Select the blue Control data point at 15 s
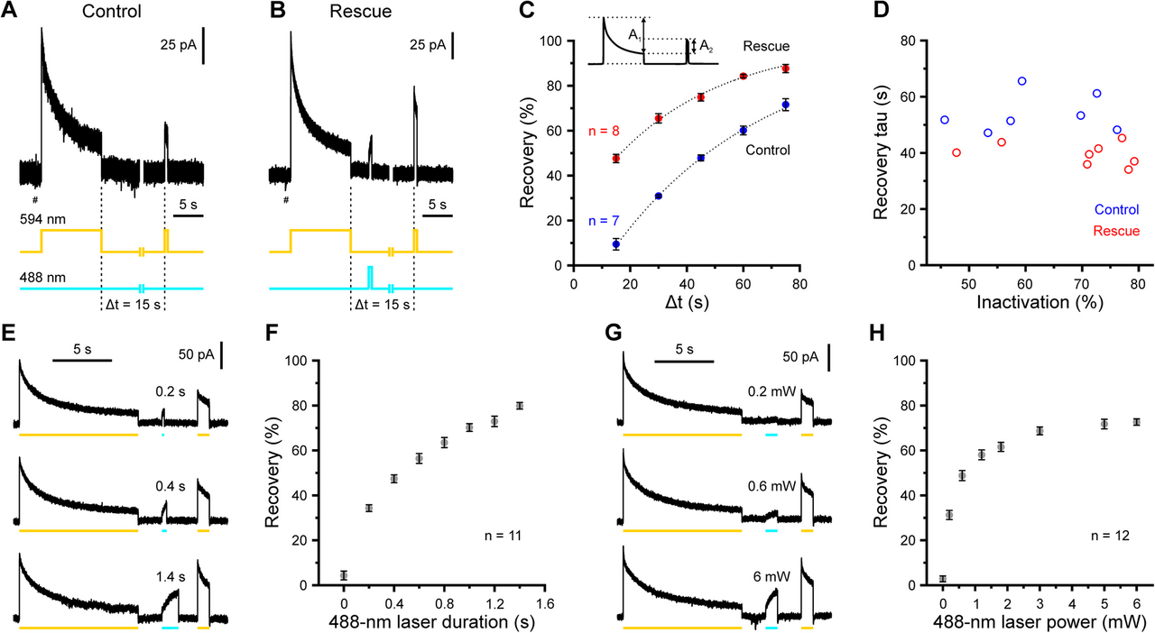[616, 244]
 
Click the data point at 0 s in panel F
[344, 575]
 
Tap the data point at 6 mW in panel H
[1136, 422]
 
